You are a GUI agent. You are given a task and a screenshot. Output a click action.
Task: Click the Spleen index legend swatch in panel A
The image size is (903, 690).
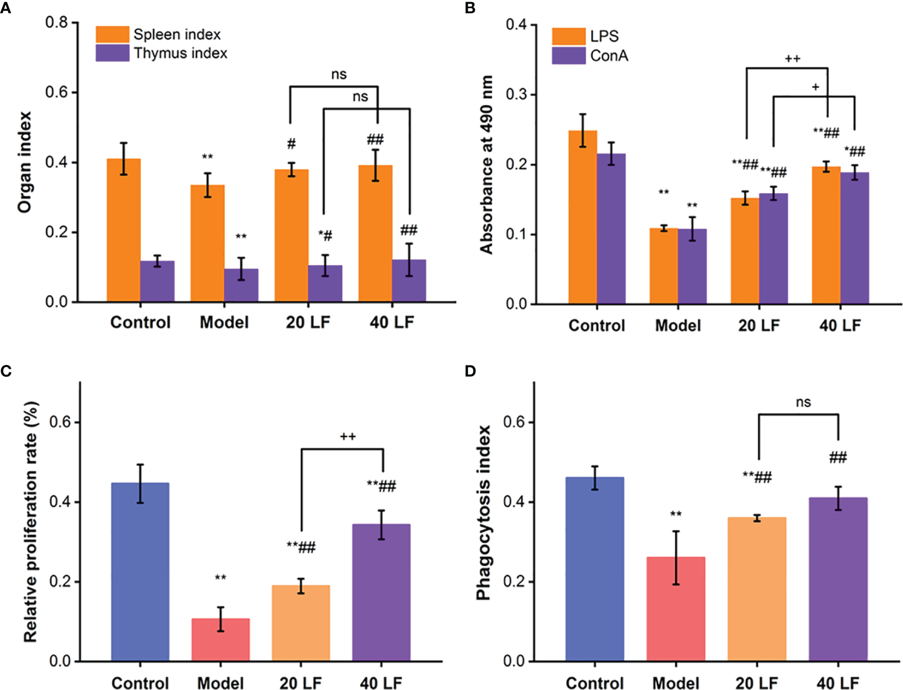pyautogui.click(x=112, y=34)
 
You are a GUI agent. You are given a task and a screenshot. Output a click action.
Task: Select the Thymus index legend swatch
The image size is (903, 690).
pyautogui.click(x=112, y=53)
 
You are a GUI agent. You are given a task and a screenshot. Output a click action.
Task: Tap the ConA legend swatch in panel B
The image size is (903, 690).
pyautogui.click(x=568, y=56)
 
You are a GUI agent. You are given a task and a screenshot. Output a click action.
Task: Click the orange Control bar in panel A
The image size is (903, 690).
pyautogui.click(x=123, y=230)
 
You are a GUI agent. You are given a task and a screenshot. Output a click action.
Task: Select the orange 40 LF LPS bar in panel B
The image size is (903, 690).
pyautogui.click(x=825, y=235)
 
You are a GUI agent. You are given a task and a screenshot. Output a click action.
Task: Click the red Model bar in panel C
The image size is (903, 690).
pyautogui.click(x=221, y=640)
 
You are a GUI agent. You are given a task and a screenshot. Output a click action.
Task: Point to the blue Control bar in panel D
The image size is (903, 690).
pyautogui.click(x=595, y=569)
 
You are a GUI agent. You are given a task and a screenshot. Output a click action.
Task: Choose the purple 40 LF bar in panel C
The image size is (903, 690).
pyautogui.click(x=381, y=592)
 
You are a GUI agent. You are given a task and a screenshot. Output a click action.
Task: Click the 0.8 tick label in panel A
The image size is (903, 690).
pyautogui.click(x=56, y=22)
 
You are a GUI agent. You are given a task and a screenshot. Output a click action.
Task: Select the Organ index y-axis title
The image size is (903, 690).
pyautogui.click(x=25, y=162)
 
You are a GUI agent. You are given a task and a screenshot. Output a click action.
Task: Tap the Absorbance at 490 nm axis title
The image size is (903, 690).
pyautogui.click(x=486, y=164)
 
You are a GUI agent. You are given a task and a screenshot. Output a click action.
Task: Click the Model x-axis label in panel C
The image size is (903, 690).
pyautogui.click(x=221, y=683)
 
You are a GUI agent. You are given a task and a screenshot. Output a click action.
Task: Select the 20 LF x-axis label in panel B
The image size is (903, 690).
pyautogui.click(x=759, y=326)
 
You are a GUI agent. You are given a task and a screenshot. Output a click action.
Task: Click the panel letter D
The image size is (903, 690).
pyautogui.click(x=470, y=371)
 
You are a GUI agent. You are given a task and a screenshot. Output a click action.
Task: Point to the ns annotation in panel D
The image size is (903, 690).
pyautogui.click(x=803, y=402)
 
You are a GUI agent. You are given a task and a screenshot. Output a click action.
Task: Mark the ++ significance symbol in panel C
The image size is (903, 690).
pyautogui.click(x=348, y=437)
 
